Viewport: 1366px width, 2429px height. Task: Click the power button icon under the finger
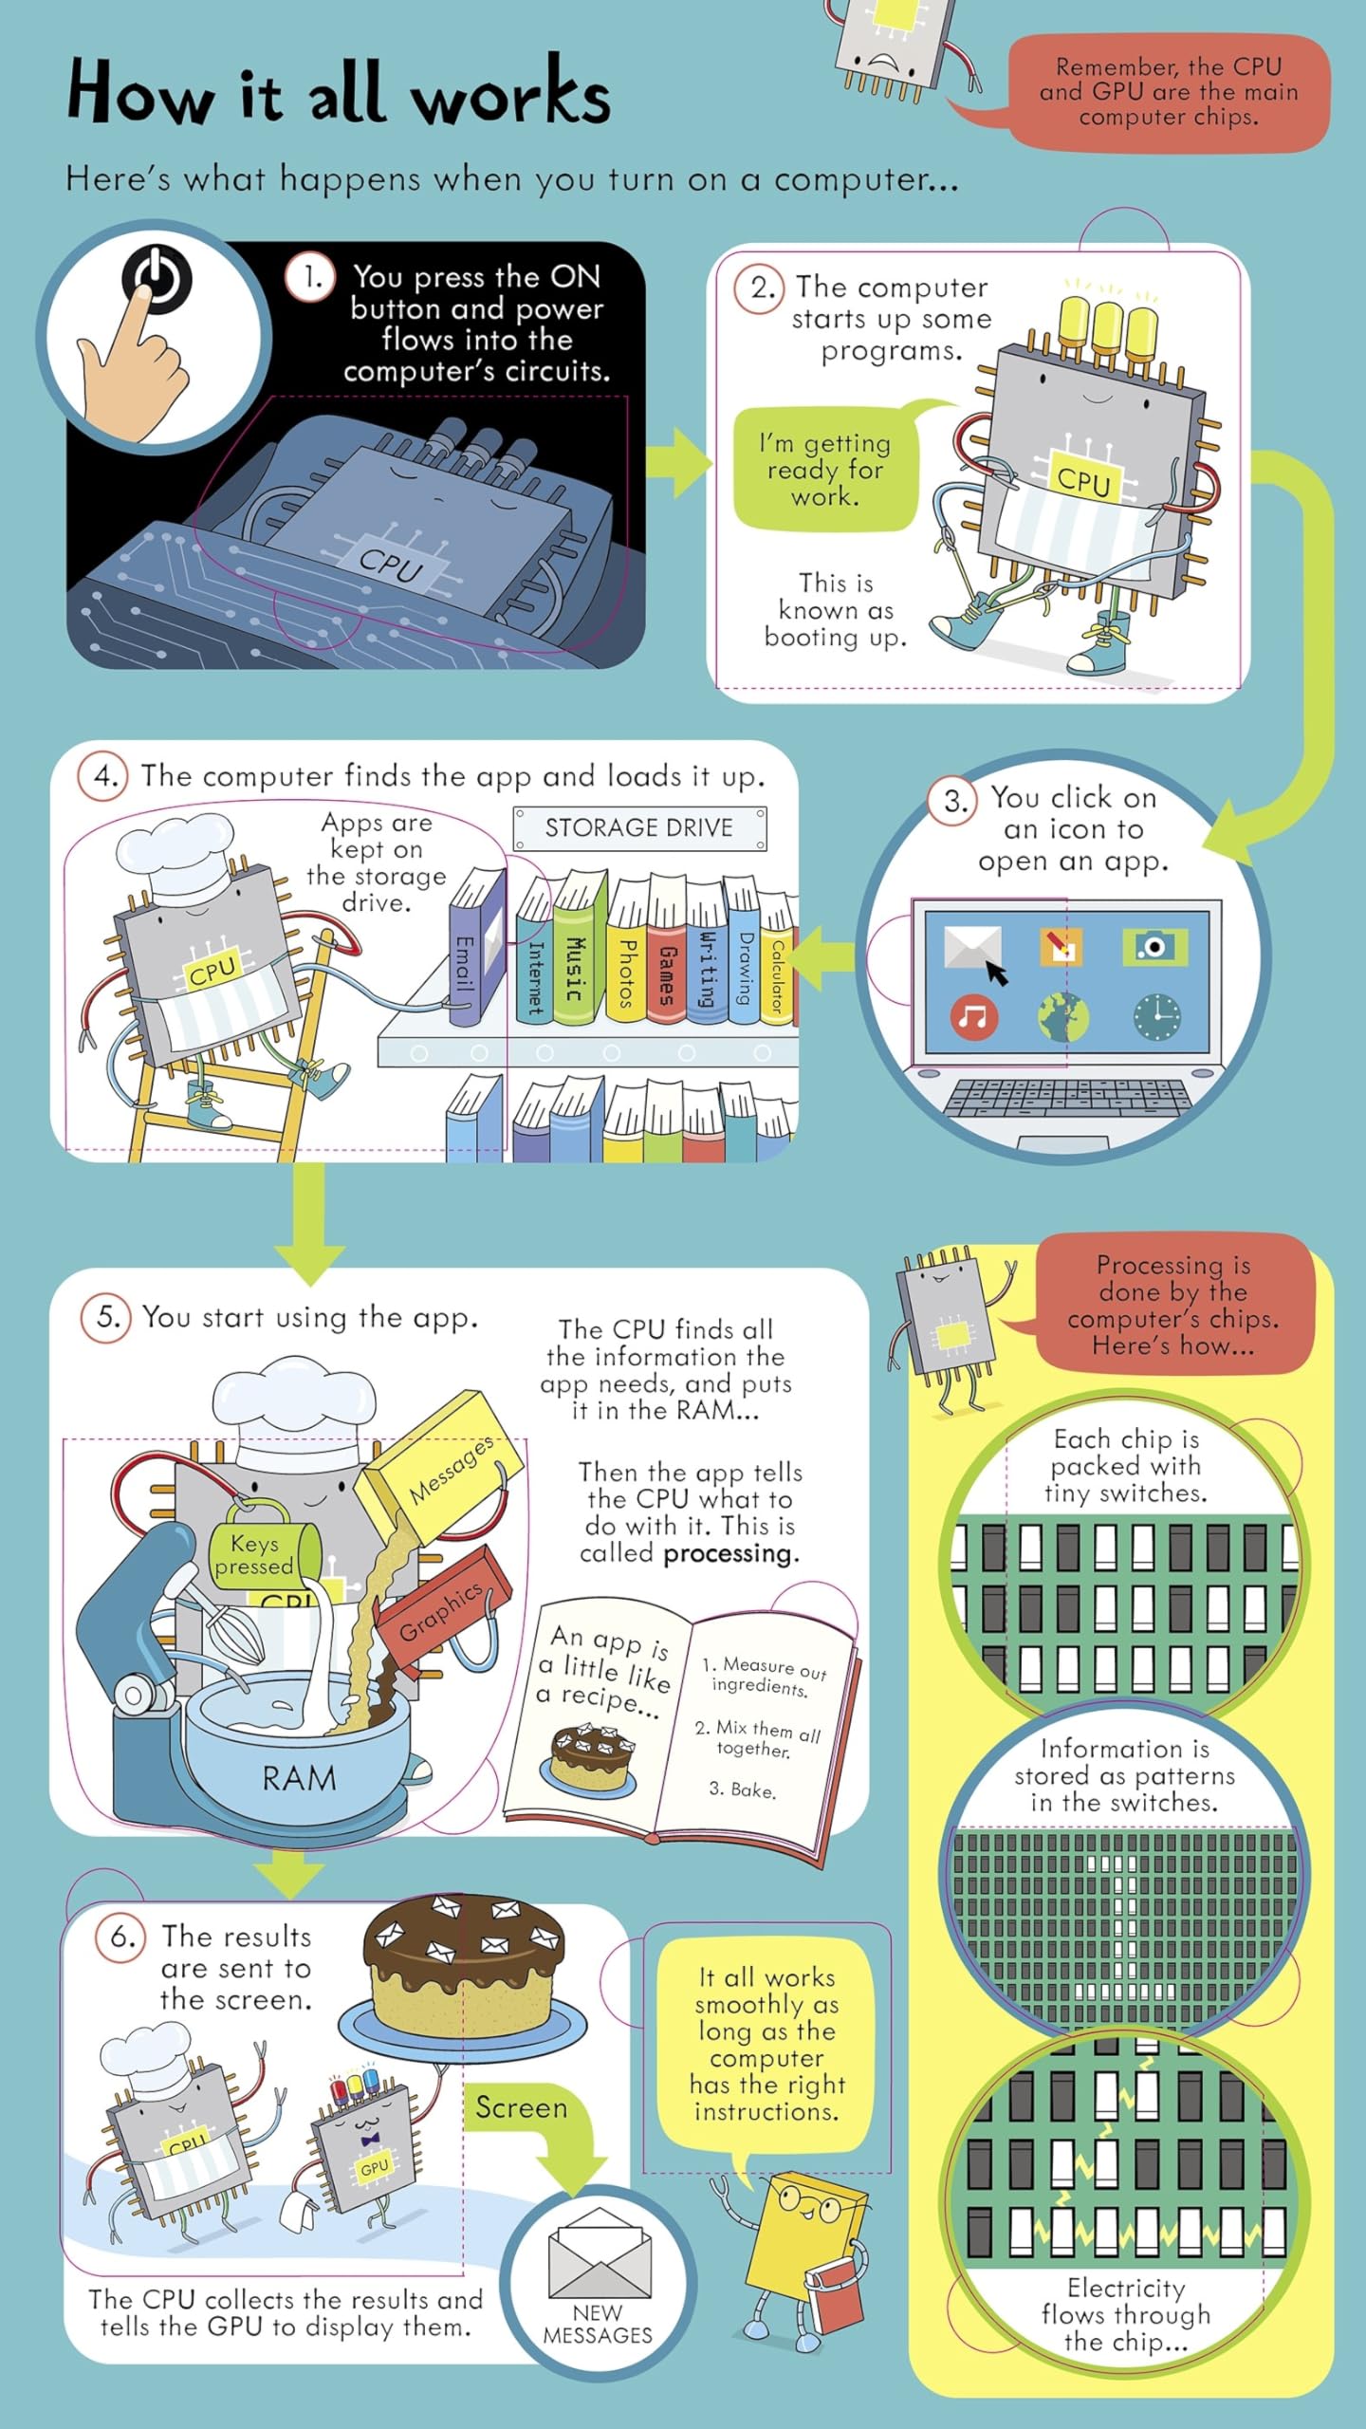coord(157,277)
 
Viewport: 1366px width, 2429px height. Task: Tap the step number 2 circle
coord(759,287)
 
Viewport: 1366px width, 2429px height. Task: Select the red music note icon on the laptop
coord(973,1017)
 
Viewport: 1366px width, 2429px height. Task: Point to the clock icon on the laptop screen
coord(1156,1017)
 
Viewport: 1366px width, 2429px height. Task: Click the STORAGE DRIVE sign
coord(639,828)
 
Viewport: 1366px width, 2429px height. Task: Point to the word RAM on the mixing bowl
coord(300,1778)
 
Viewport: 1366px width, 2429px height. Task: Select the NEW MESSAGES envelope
coord(600,2253)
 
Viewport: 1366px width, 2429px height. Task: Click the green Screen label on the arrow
coord(521,2107)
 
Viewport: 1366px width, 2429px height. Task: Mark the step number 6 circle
coord(120,1936)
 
